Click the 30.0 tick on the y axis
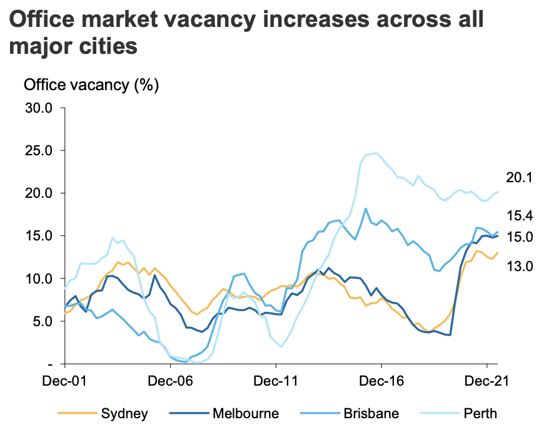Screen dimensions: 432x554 pos(39,108)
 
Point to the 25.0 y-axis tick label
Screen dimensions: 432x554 pos(39,150)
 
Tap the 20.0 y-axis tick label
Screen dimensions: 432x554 pos(39,193)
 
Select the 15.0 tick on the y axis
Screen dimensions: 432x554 pos(39,235)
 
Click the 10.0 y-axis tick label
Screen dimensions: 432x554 pos(39,279)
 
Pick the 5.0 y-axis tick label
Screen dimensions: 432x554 pos(43,321)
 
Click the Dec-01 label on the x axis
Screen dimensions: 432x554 pos(64,381)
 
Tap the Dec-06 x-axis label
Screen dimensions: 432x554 pos(170,381)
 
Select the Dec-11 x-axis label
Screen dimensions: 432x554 pos(276,381)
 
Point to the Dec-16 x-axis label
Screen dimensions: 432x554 pos(381,381)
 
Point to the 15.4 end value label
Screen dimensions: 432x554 pos(518,216)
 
